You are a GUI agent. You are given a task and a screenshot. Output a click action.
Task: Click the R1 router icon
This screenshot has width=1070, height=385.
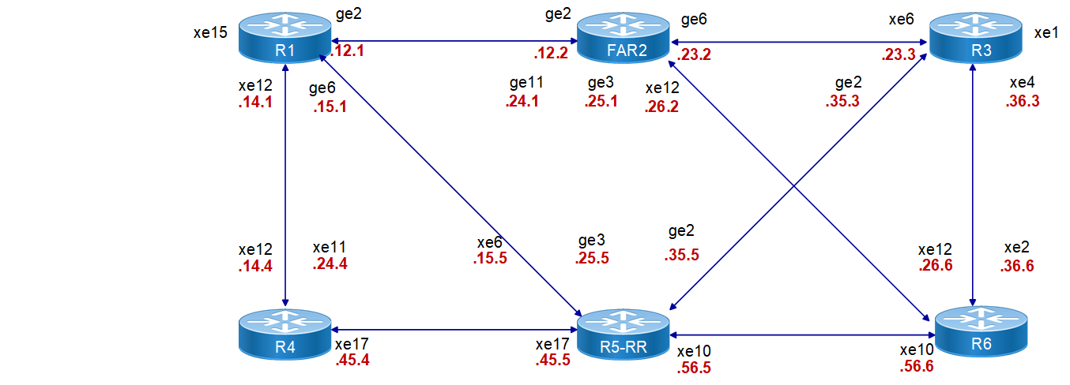coord(284,39)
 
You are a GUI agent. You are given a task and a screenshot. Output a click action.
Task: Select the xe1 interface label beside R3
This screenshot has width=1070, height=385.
coord(1046,33)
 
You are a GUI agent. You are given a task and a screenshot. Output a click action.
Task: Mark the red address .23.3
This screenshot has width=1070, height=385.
coord(899,56)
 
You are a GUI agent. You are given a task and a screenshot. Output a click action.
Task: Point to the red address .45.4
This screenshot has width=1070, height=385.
coord(352,361)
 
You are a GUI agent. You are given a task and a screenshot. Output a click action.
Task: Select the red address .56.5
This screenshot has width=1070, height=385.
coord(695,368)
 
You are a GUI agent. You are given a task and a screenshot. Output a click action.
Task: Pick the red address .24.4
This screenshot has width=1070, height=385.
coord(330,264)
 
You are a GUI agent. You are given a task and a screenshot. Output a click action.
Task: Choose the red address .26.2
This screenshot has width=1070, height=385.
coord(661,107)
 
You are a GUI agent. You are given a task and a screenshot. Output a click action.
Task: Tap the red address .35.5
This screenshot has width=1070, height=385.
coord(682,255)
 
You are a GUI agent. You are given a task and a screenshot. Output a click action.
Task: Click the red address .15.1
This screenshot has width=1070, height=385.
coord(330,107)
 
